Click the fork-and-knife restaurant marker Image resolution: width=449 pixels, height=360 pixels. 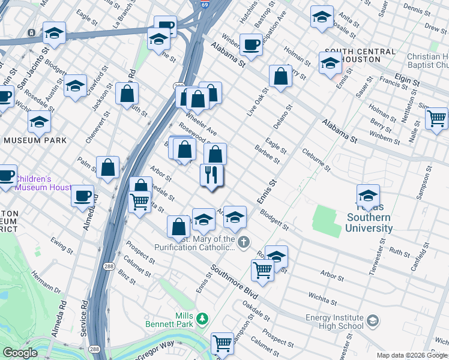pos(211,176)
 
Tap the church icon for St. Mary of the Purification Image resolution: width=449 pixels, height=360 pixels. pos(243,242)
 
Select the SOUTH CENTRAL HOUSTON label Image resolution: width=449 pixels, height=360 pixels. pos(360,56)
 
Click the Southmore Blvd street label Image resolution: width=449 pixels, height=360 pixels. pos(231,283)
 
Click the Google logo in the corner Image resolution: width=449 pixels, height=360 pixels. pos(20,353)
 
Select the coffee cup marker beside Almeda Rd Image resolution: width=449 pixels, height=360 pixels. pos(83,196)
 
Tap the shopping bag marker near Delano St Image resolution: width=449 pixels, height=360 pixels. pos(280,77)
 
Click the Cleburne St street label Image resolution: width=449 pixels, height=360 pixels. pos(316,159)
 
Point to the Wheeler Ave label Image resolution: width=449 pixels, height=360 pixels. pos(201,122)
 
